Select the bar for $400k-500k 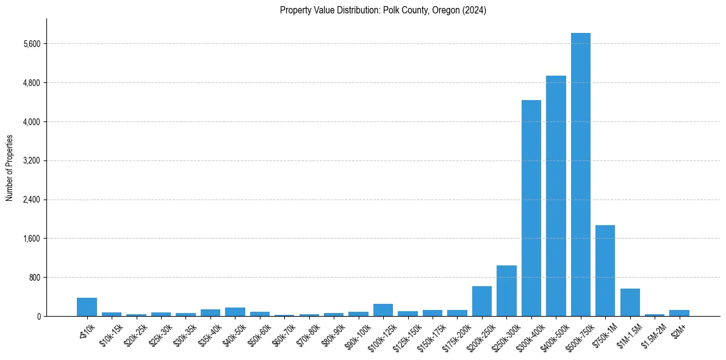click(x=556, y=196)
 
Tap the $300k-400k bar click(x=531, y=208)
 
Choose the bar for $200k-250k click(x=482, y=301)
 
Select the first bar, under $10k click(x=87, y=307)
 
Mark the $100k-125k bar click(x=383, y=310)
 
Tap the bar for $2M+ click(x=679, y=313)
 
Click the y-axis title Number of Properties click(x=9, y=167)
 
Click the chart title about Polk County click(x=383, y=10)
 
